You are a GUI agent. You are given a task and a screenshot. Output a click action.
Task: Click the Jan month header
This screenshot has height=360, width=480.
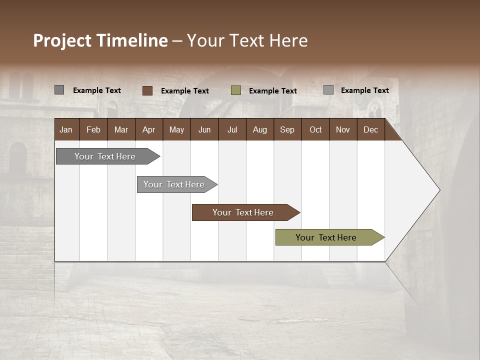(x=66, y=129)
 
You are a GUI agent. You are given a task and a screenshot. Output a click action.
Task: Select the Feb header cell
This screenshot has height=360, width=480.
(x=93, y=129)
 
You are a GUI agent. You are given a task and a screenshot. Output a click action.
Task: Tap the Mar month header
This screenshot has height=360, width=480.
(x=121, y=129)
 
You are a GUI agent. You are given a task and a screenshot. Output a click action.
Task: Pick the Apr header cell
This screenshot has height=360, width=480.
(x=148, y=129)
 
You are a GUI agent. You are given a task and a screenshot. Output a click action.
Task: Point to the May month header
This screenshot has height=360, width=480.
(x=176, y=129)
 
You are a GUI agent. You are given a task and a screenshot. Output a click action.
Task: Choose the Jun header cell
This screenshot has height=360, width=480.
(x=204, y=129)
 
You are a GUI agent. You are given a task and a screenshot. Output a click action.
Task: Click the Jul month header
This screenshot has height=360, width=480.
(x=232, y=129)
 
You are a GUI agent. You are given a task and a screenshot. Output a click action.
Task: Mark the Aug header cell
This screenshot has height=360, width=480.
(x=259, y=129)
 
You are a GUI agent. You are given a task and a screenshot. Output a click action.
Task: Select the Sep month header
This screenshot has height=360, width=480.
(x=287, y=129)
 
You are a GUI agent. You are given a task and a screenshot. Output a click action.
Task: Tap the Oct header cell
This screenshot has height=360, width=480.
(x=315, y=129)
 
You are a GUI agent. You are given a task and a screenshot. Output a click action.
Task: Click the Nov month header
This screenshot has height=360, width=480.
(x=343, y=129)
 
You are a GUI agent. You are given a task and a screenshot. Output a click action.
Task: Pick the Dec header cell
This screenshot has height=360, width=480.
(x=370, y=129)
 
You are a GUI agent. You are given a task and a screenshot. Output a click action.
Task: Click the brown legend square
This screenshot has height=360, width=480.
(x=147, y=90)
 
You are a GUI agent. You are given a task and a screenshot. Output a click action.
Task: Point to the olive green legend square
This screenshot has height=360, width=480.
(x=236, y=90)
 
